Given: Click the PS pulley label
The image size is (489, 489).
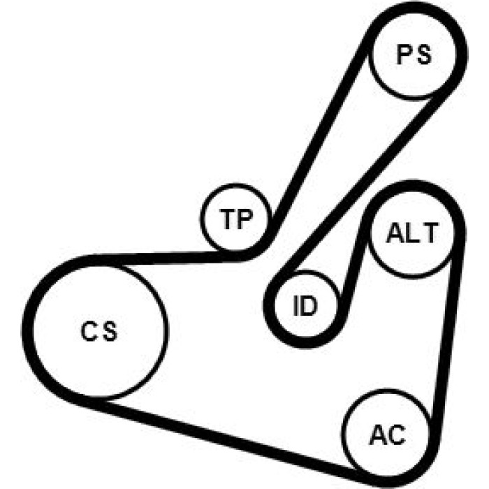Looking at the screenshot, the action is tap(414, 55).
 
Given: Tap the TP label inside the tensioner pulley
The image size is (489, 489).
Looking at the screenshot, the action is tap(235, 219).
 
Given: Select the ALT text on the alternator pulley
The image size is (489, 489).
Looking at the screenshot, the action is tap(412, 233).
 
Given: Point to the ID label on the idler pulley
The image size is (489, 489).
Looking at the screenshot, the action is tap(305, 306).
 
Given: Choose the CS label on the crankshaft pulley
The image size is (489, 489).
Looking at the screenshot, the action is tap(99, 331).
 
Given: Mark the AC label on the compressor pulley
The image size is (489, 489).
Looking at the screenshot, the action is tap(388, 435).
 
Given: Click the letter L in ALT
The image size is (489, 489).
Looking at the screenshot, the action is tap(411, 233).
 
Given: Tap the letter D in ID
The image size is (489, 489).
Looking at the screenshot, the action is tap(309, 306).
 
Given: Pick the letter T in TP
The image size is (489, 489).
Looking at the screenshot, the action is tap(227, 219).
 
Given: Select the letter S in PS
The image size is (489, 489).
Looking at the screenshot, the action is tap(423, 55).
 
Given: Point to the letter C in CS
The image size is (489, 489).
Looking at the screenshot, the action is tap(89, 331).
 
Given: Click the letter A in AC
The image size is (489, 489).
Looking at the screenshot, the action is tap(379, 435).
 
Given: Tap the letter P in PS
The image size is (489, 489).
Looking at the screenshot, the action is tap(404, 55).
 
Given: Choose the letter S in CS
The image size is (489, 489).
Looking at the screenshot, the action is tap(110, 331).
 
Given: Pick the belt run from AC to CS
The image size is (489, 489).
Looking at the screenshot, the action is tap(218, 437).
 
